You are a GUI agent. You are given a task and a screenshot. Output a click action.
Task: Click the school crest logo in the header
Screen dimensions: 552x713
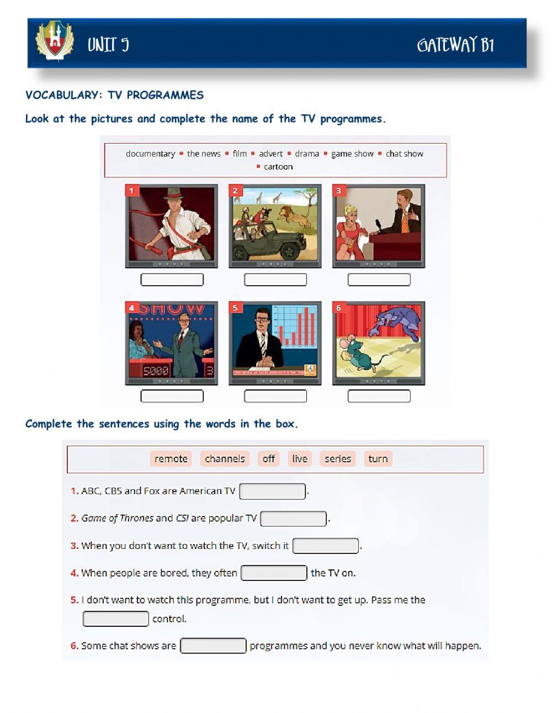click(x=55, y=40)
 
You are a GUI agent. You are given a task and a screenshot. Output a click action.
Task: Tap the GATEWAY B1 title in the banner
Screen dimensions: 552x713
click(x=455, y=45)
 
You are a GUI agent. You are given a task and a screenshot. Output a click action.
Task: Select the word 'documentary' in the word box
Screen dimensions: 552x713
click(x=151, y=154)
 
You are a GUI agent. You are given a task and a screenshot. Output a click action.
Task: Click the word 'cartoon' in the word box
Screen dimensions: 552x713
click(x=278, y=167)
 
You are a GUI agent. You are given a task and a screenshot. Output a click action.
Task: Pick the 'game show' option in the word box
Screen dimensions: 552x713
click(x=352, y=154)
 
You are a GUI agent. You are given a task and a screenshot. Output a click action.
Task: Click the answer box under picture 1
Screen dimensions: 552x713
click(x=172, y=279)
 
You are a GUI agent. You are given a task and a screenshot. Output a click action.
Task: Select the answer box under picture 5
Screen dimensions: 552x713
click(x=275, y=395)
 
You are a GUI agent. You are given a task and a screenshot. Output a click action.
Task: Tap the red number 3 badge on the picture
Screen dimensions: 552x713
click(x=339, y=191)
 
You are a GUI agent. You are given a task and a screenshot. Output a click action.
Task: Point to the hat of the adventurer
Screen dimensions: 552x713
click(x=173, y=194)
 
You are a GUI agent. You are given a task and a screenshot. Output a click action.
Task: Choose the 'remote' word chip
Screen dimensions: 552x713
click(x=171, y=458)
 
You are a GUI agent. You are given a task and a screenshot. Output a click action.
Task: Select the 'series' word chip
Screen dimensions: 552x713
click(x=338, y=458)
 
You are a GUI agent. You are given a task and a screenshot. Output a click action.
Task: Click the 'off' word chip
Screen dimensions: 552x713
click(x=268, y=458)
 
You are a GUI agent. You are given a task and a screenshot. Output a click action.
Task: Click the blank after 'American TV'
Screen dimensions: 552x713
click(x=272, y=491)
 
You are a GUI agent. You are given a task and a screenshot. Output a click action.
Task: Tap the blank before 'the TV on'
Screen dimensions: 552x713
click(x=274, y=573)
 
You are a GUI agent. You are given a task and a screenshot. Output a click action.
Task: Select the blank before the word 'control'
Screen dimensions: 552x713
click(x=116, y=619)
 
